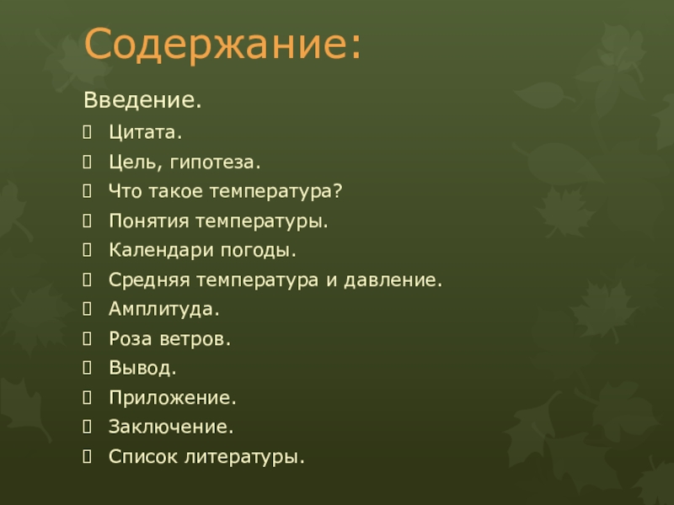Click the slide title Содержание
(x=222, y=45)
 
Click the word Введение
(x=142, y=102)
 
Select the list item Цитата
(x=145, y=133)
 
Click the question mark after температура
(x=337, y=192)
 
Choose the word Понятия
(x=148, y=221)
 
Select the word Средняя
(x=148, y=280)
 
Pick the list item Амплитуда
(x=163, y=310)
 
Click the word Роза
(x=127, y=339)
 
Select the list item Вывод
(x=142, y=369)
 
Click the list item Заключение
(x=170, y=428)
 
